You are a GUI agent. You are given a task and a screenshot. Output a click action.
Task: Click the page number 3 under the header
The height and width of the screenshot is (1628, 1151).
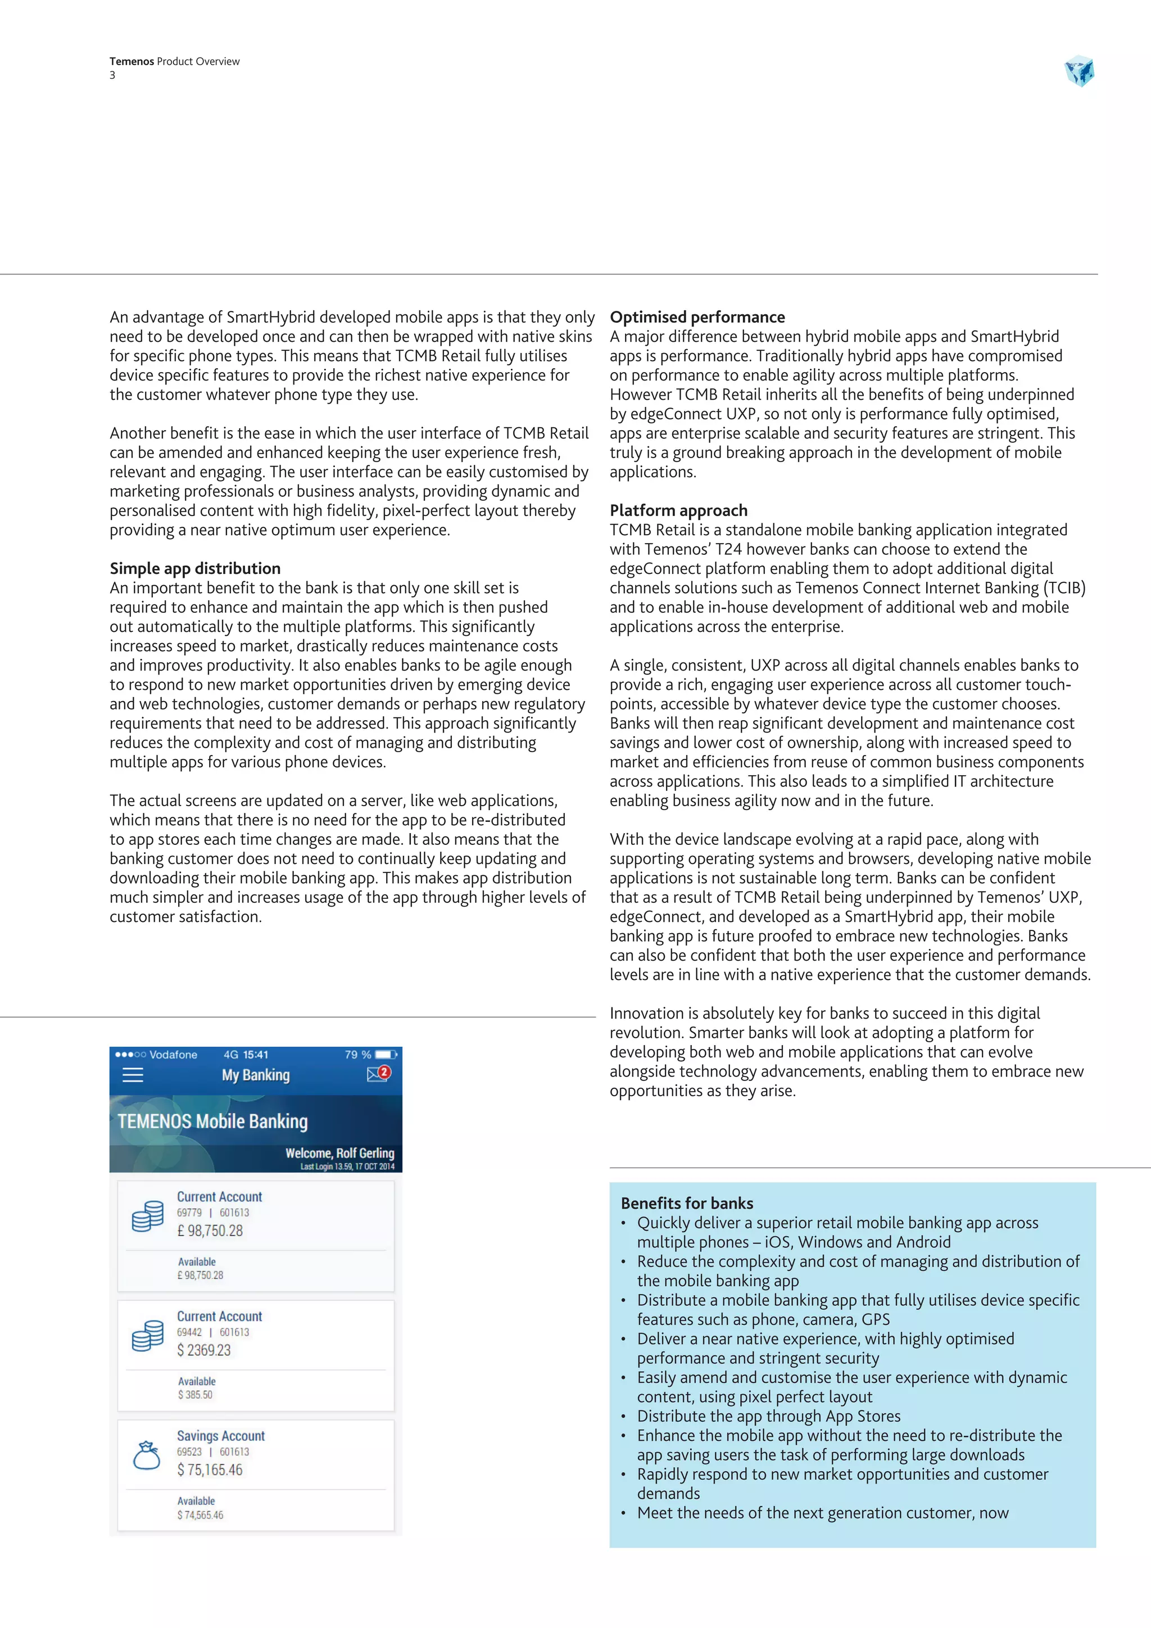(112, 75)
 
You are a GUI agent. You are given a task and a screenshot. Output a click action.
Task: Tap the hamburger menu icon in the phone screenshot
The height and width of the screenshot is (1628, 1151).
(133, 1075)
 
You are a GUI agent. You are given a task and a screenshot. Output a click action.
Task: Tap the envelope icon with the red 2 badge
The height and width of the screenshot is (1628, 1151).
(377, 1074)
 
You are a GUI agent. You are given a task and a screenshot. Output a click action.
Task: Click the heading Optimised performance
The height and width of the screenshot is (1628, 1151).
(697, 317)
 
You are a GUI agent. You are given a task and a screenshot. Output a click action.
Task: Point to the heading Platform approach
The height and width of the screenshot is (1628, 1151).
(678, 510)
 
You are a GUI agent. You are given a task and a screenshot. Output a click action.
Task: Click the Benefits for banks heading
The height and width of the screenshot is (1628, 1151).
(687, 1203)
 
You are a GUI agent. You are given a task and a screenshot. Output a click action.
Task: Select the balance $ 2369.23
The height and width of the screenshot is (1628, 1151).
(204, 1350)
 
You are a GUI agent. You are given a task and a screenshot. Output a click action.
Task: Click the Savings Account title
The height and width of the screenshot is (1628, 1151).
(220, 1436)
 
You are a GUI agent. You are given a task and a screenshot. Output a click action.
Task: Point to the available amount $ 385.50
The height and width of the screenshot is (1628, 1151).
(195, 1395)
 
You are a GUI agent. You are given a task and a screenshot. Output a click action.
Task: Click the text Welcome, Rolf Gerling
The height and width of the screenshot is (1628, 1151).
(339, 1153)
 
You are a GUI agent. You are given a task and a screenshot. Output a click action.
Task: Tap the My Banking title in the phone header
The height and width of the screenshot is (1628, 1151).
(256, 1075)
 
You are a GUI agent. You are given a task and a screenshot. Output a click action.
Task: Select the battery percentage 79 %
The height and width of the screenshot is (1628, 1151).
(358, 1055)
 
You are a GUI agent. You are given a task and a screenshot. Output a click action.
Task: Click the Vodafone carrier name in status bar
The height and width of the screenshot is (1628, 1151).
(173, 1055)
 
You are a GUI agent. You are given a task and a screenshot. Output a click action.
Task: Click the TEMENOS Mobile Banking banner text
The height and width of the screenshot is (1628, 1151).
(212, 1121)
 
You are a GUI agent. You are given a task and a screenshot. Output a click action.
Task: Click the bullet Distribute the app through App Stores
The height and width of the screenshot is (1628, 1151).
(768, 1416)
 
